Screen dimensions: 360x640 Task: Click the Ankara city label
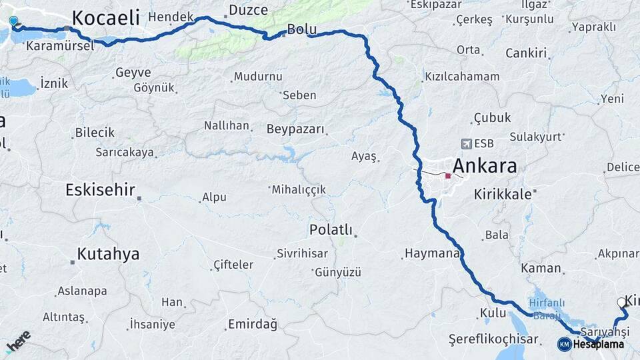pos(485,166)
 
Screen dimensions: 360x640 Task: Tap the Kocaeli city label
pos(105,17)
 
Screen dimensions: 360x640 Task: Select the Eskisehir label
pos(100,190)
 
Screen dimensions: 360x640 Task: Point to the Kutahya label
pos(108,254)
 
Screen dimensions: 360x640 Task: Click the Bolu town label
pos(300,29)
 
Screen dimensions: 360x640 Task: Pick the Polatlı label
pos(331,229)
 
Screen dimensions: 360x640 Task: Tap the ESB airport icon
pos(465,143)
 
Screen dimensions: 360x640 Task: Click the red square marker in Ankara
pos(448,176)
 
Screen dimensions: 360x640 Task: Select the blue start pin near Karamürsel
pos(13,21)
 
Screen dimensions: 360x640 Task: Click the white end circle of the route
pos(622,302)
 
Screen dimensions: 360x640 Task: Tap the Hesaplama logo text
pos(598,344)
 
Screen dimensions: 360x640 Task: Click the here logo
pos(18,341)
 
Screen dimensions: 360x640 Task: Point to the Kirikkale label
pos(503,195)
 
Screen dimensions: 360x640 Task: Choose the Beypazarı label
pos(295,129)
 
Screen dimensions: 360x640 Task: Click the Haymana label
pos(431,254)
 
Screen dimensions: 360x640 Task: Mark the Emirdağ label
pos(252,324)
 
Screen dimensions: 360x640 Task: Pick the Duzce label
pos(248,10)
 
